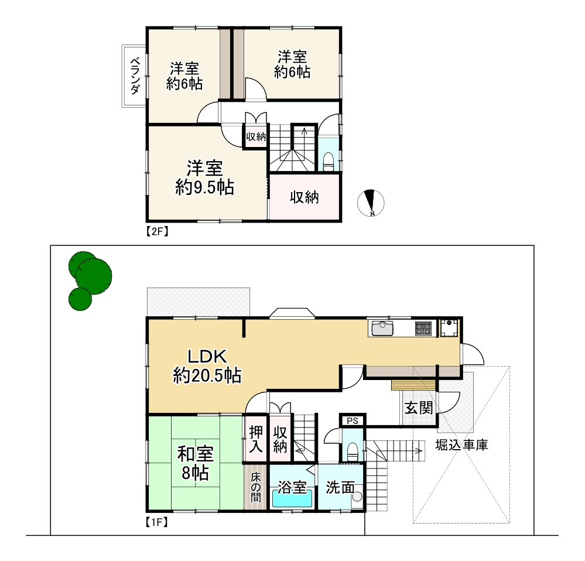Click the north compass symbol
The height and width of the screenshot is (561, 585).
tap(371, 203)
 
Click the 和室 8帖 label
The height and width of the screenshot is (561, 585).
tap(196, 463)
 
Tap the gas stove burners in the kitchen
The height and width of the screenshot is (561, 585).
tap(423, 328)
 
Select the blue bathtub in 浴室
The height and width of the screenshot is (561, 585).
tap(292, 498)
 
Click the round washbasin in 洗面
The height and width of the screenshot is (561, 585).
tap(357, 497)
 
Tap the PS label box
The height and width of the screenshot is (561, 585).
tap(352, 420)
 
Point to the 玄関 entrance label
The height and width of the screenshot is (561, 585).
tap(419, 408)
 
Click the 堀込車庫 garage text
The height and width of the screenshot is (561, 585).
tap(461, 446)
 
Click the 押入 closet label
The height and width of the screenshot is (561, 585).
tap(256, 439)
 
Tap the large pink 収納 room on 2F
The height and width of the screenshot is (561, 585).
tap(305, 197)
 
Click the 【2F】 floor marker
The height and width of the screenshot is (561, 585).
tap(157, 231)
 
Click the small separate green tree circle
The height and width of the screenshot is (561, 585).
tap(80, 299)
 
